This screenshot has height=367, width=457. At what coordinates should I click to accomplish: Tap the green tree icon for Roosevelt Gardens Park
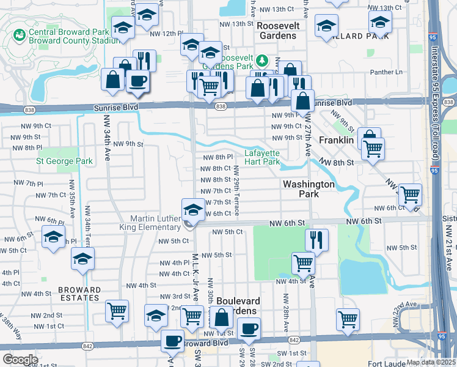261,61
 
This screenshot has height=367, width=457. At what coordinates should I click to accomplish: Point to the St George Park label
64,161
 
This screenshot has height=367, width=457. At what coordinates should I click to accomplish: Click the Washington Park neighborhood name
309,188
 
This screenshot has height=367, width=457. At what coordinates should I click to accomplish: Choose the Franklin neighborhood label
337,140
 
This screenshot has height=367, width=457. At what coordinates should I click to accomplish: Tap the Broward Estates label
79,294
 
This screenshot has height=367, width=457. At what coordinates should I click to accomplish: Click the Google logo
20,360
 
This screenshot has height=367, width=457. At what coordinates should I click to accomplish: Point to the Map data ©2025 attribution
431,362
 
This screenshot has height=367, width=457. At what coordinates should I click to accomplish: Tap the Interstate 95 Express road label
435,104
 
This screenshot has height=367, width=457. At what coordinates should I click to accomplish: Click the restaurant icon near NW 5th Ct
316,239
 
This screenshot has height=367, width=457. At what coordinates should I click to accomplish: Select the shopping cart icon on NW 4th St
303,263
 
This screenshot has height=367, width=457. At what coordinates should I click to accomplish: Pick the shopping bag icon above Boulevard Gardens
222,317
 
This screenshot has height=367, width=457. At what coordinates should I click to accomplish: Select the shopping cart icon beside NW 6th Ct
410,195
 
